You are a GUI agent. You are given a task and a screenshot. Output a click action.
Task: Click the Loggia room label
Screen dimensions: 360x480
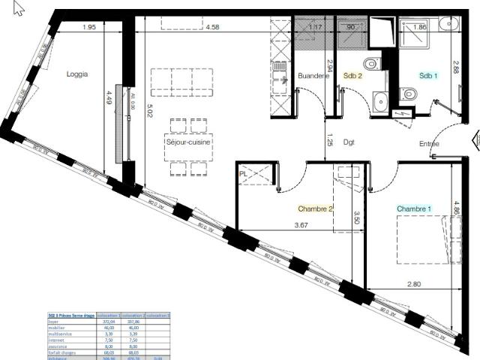click(77, 74)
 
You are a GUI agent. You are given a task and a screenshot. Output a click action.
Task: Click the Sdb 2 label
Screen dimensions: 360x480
click(353, 76)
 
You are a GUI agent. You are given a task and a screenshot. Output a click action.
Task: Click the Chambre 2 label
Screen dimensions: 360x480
click(315, 208)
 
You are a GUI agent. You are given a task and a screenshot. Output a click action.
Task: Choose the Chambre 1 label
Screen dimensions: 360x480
click(414, 208)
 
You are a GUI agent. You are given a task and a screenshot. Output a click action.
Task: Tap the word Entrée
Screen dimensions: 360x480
click(429, 144)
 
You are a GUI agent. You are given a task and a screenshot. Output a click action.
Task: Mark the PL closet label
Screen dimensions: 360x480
click(243, 174)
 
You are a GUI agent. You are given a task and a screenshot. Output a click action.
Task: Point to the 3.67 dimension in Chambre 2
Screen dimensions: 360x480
click(301, 225)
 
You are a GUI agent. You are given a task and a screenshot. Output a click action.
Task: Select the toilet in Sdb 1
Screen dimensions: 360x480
click(408, 94)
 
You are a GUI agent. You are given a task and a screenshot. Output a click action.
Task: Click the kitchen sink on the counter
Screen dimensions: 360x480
click(280, 70)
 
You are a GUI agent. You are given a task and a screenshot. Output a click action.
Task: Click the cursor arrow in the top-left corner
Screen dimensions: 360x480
click(19, 8)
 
